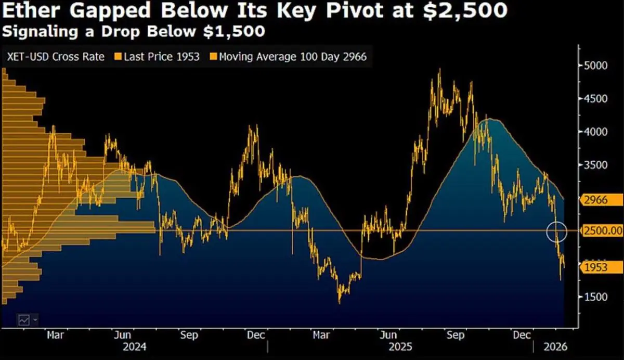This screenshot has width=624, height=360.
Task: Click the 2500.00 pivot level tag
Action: [x=602, y=230]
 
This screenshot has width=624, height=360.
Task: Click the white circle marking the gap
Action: [x=557, y=231]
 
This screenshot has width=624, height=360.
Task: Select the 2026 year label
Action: [x=554, y=346]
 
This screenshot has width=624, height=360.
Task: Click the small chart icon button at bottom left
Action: [x=24, y=319]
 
